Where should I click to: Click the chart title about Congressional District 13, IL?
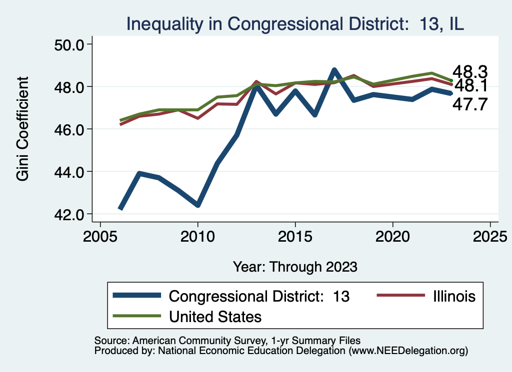click(295, 23)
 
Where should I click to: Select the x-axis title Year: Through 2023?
click(295, 267)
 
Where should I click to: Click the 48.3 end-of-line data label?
click(470, 72)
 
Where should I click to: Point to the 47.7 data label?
click(470, 104)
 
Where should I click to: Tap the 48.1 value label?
click(470, 86)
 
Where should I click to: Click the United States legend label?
click(215, 316)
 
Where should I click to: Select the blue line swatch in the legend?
click(136, 296)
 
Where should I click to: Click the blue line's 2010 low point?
click(198, 205)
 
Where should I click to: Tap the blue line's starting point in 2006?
click(120, 209)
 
